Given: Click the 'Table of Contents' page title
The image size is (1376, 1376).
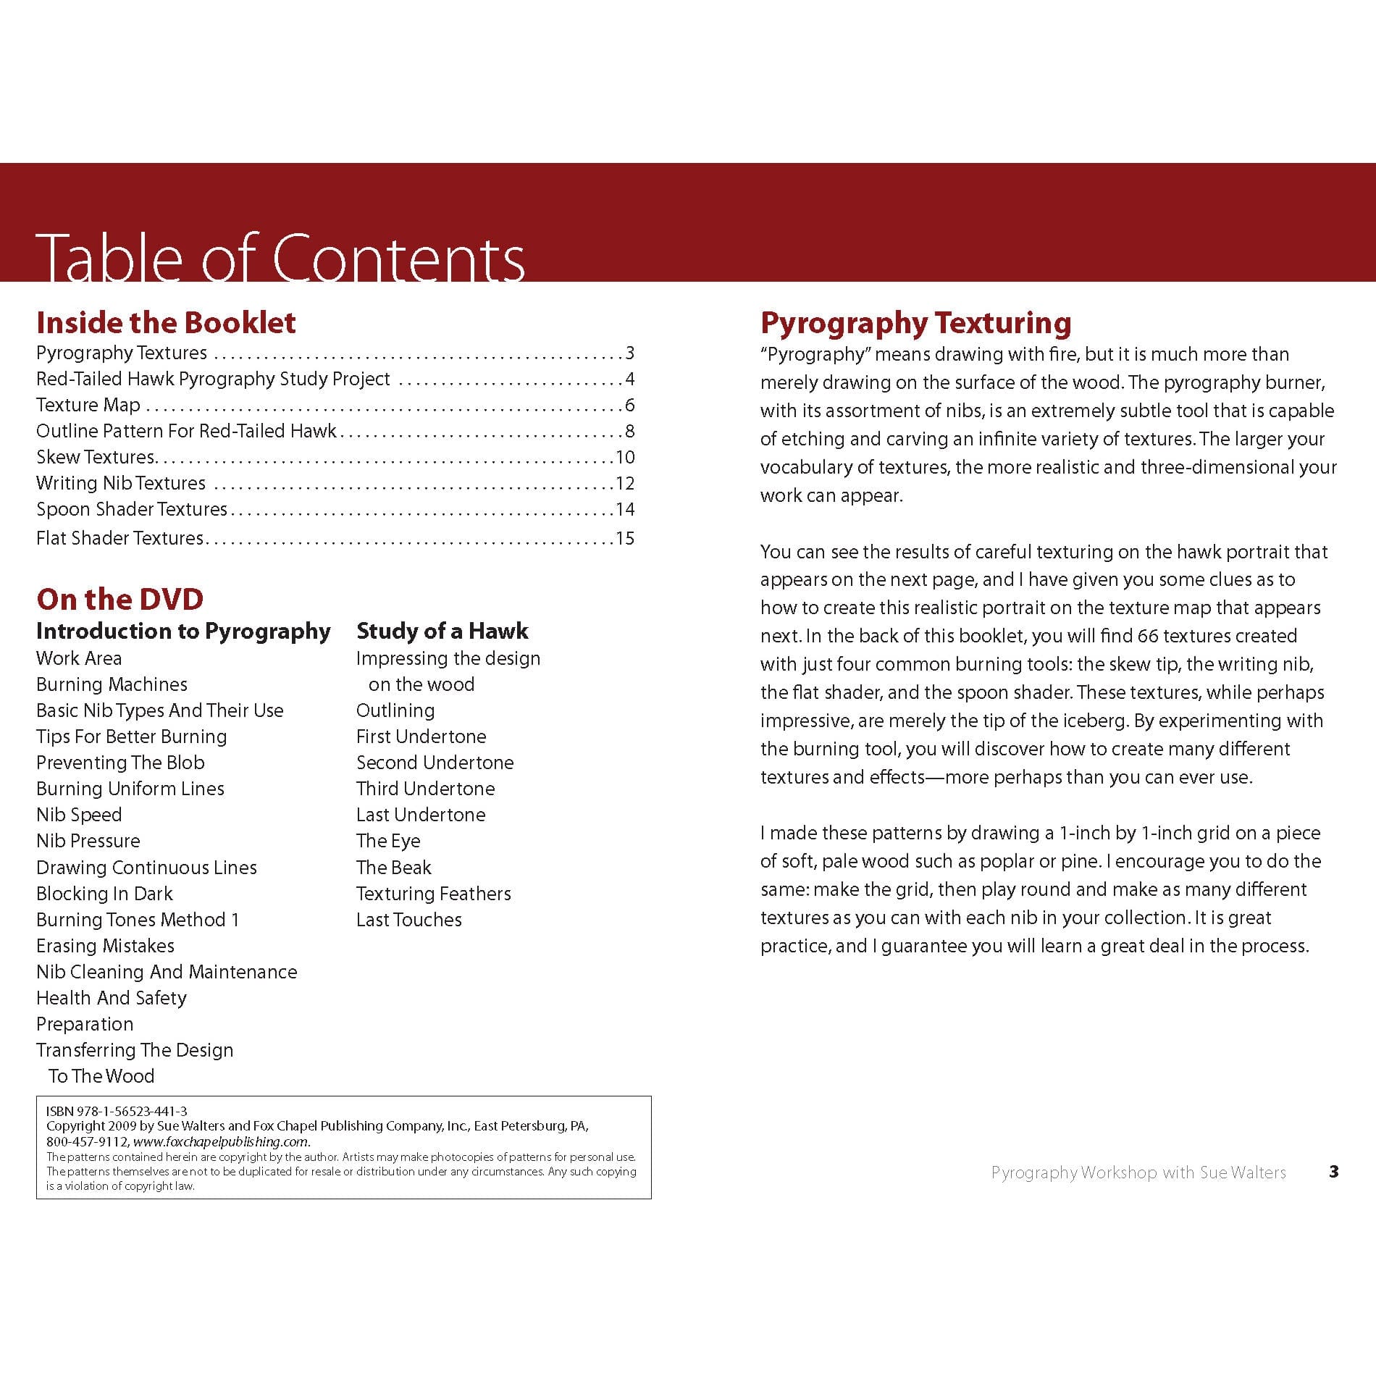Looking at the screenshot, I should pos(280,257).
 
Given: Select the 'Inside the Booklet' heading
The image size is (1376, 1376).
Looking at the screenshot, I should pos(166,322).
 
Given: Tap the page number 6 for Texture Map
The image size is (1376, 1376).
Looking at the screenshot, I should pos(629,405).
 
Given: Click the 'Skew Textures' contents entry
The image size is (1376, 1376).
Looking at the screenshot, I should pos(96,457).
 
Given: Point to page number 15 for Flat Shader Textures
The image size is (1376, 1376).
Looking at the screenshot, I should pos(625,538).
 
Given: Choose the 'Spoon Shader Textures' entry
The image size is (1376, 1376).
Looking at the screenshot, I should pos(132,509).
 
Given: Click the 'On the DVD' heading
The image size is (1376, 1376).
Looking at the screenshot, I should pos(119,599).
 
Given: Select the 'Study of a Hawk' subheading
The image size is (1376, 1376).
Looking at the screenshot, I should pos(442,631).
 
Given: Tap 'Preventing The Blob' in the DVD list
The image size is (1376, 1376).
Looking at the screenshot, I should pos(120,763).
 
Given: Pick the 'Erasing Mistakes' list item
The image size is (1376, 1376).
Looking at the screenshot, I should pos(105,946).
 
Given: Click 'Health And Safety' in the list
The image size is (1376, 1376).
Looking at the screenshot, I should pos(112,998).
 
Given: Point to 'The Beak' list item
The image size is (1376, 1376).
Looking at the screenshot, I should pos(393,868).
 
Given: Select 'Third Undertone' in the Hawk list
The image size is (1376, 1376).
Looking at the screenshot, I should pos(425,789).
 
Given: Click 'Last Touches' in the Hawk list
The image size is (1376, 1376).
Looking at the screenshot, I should pos(408,920).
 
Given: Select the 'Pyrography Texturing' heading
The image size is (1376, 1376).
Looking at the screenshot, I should pos(915,323).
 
